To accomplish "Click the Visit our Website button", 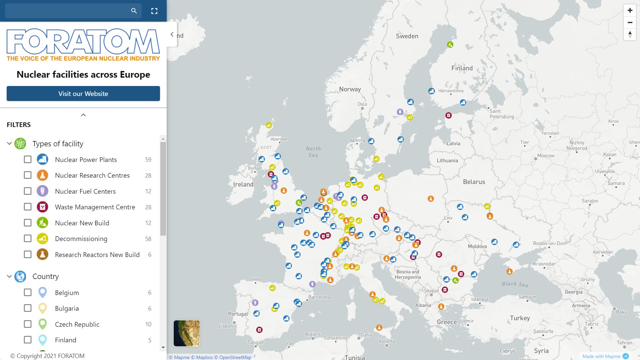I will (x=83, y=94).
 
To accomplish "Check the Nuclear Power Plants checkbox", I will (x=28, y=159).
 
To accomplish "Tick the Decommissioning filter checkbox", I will (x=28, y=239).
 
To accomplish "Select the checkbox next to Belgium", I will (x=28, y=292).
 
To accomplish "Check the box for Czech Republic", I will (x=28, y=324).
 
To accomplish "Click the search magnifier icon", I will (x=134, y=11).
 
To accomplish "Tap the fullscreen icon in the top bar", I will (x=154, y=11).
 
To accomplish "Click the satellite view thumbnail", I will (x=187, y=333).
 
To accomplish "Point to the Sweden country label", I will (x=407, y=36).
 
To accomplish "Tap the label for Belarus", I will (x=474, y=182).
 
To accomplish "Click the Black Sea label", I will (x=515, y=284).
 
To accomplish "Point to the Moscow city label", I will (x=546, y=156).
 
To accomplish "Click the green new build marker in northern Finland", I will (x=450, y=45).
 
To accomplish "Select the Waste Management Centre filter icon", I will (x=42, y=207).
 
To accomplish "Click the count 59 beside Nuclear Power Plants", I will (x=148, y=160).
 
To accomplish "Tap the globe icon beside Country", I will (x=20, y=276).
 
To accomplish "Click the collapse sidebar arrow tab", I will (x=172, y=34).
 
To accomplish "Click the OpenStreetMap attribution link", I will (x=235, y=357).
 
